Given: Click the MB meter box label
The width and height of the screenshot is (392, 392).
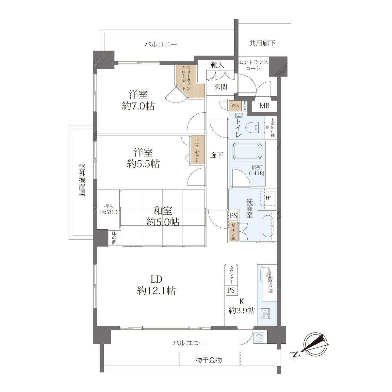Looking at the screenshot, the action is coord(264,106).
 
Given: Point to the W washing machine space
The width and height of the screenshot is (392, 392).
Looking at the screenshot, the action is coord(268,198).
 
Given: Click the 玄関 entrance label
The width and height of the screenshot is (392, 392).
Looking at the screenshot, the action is coord(220,87).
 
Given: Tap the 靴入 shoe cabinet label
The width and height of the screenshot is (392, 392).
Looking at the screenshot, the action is coord(218,65).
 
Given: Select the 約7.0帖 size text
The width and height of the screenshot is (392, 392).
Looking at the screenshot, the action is coord(138,106).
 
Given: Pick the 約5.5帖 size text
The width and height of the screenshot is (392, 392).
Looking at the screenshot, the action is coord(143,164).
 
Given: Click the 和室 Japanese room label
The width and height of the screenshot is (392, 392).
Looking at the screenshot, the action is coord(163,211).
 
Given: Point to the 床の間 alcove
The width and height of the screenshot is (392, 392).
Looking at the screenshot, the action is coord(114,238).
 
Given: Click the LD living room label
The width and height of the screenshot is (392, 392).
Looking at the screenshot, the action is coord(156,279).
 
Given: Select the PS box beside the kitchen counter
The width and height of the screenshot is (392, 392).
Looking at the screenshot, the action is coord(231,290).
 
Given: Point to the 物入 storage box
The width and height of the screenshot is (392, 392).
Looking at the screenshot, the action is coord(235,106).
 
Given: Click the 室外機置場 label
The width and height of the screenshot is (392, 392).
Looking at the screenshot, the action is coord(82,180).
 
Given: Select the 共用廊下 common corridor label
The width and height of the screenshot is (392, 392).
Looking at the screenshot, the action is coord(262,43).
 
